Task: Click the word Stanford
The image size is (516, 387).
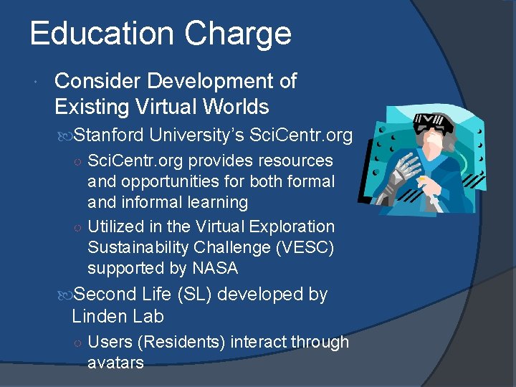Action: click(x=109, y=134)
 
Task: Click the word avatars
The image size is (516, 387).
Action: click(x=115, y=363)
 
